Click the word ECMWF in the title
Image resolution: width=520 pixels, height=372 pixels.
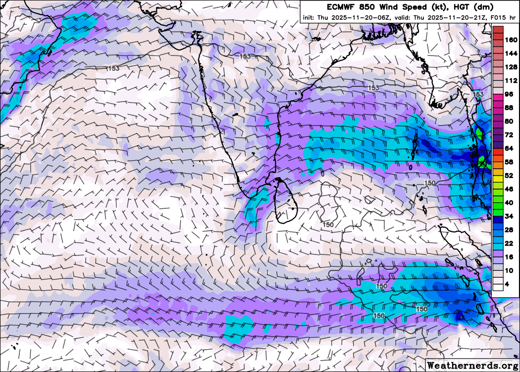click(340, 7)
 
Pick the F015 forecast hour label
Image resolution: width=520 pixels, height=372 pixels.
click(499, 18)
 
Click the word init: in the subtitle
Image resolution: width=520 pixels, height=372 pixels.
click(310, 18)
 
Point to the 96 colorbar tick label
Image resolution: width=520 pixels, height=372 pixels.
click(509, 94)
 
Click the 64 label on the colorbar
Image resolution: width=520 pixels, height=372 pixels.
click(509, 148)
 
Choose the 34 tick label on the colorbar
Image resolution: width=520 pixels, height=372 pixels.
click(509, 216)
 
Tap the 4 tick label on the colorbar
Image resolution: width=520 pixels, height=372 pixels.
click(507, 284)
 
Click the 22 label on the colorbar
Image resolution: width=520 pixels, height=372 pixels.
click(509, 244)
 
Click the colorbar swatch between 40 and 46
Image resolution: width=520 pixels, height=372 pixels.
click(498, 196)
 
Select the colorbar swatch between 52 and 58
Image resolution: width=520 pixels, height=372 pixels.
click(498, 169)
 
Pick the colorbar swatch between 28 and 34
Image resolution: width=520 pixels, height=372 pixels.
click(498, 223)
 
